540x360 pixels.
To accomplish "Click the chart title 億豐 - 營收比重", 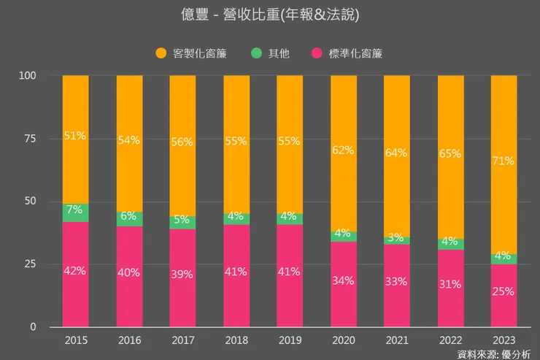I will click(x=271, y=15).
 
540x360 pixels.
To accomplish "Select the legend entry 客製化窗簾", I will click(x=191, y=53).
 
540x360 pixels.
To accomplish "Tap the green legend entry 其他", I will click(x=270, y=53).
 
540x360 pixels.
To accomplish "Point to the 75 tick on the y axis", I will click(x=28, y=139).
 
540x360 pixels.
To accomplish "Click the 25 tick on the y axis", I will click(x=28, y=264).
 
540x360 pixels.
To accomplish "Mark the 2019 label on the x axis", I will click(x=290, y=340).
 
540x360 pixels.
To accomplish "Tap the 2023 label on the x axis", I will click(x=504, y=340).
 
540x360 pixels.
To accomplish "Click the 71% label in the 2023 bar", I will click(x=504, y=161).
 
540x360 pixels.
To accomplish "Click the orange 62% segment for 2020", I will click(x=343, y=150).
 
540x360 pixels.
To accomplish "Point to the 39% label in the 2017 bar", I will click(x=182, y=275).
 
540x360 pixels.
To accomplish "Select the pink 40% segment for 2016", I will click(x=129, y=273).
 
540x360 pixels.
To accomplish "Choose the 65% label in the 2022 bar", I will click(x=450, y=154).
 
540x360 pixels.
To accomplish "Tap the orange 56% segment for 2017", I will click(x=182, y=143).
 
